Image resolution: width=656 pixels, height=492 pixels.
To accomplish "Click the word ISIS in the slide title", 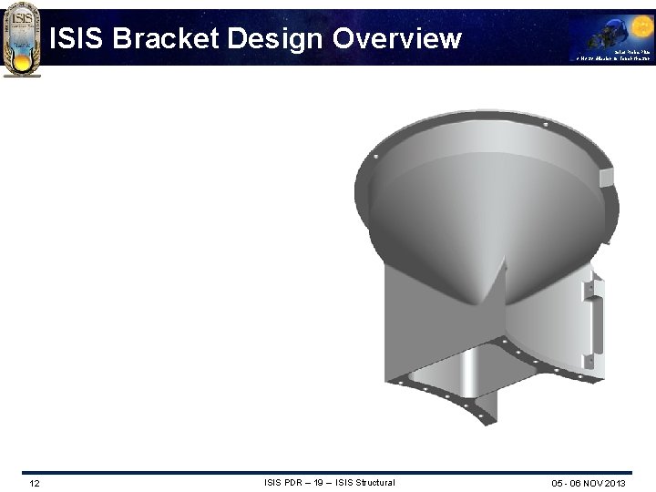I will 77,38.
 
